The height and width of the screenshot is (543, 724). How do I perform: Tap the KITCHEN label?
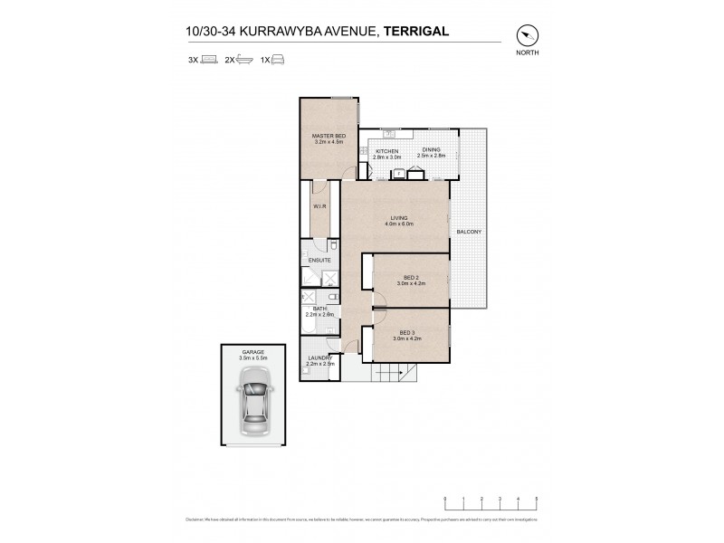(x=387, y=151)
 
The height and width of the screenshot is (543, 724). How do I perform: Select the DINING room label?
(x=432, y=151)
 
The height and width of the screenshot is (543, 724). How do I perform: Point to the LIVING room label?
(x=399, y=218)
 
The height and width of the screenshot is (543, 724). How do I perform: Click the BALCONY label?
(x=469, y=232)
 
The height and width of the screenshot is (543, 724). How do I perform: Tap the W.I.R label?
(x=319, y=207)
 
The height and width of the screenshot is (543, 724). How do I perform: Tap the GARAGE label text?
(x=252, y=350)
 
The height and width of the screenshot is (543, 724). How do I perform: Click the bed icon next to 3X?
(x=209, y=60)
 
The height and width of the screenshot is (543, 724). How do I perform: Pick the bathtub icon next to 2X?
(x=244, y=60)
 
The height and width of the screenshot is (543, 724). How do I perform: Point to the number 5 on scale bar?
(x=537, y=499)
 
